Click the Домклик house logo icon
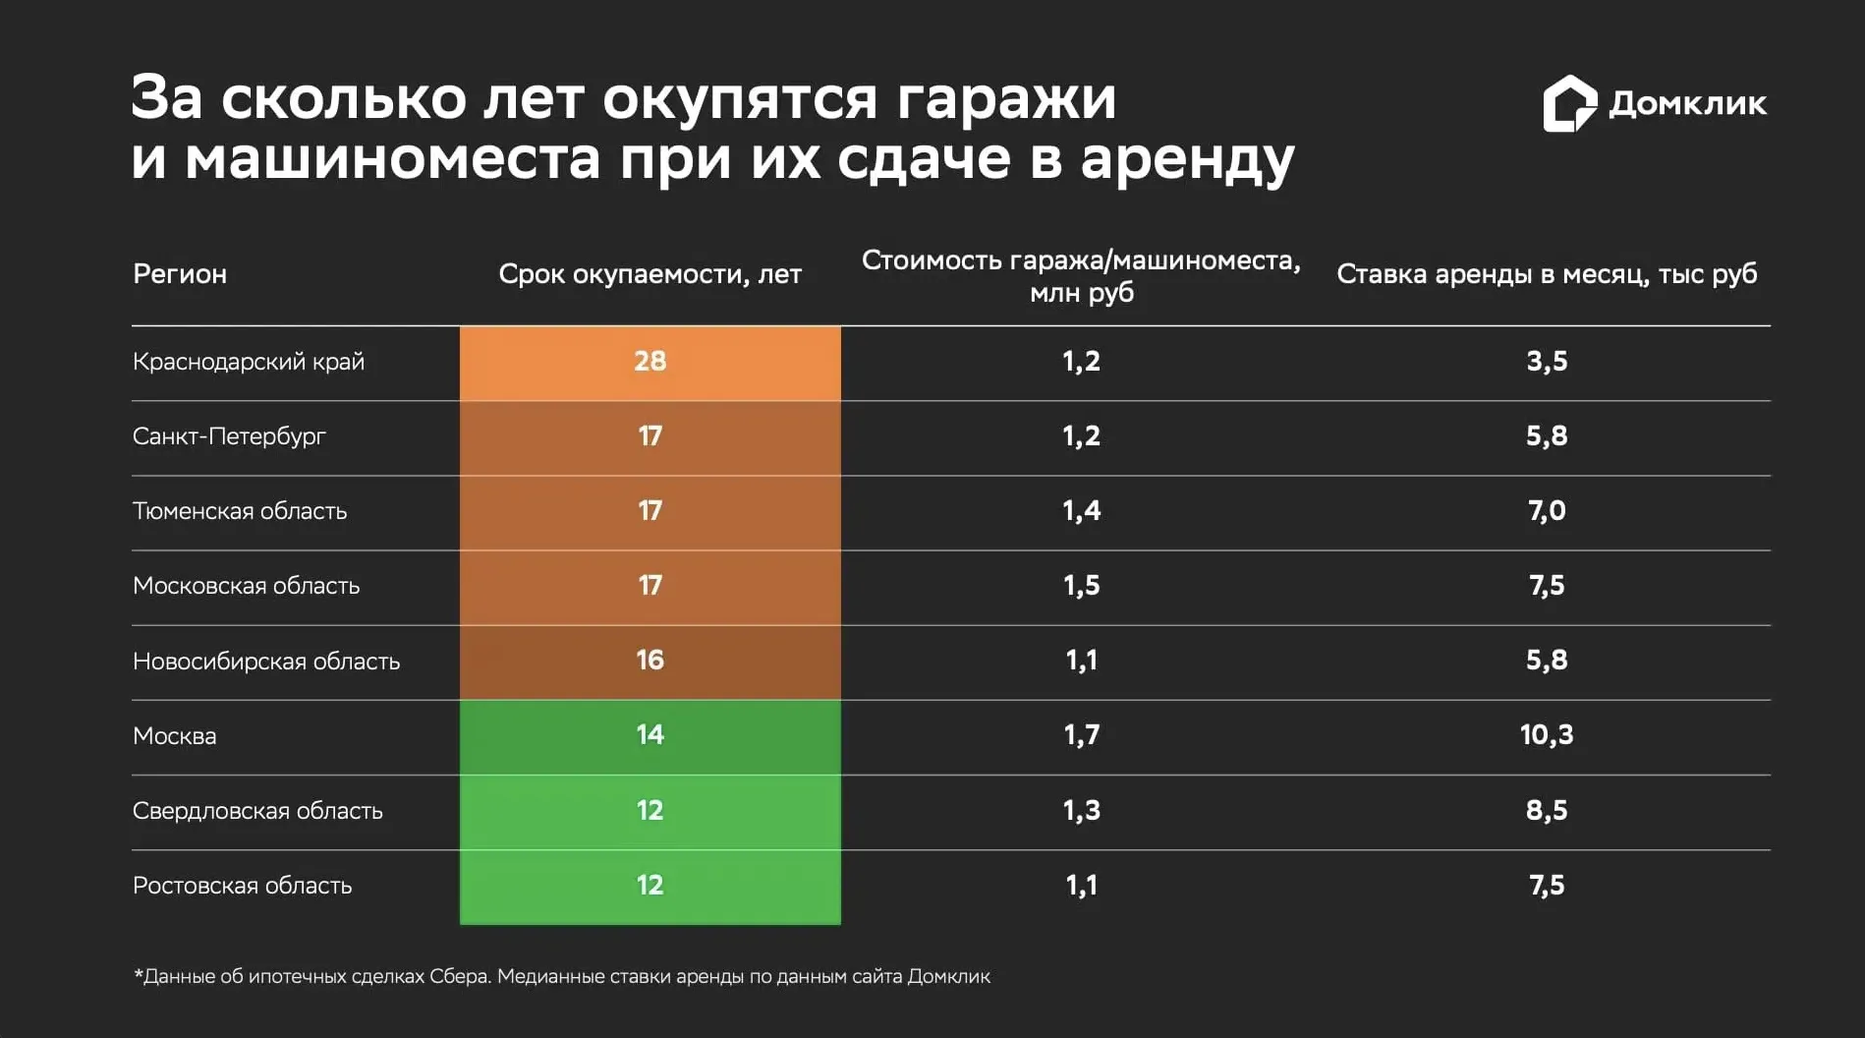(1569, 103)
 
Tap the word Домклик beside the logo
(1687, 103)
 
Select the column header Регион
(180, 274)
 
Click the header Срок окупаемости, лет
(650, 274)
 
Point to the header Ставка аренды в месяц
(1546, 274)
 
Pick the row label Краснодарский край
(249, 362)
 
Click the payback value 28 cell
(650, 362)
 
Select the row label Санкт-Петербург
(229, 436)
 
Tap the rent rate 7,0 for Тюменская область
(1546, 511)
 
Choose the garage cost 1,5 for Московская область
(1081, 586)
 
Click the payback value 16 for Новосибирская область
(650, 661)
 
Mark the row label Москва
(175, 736)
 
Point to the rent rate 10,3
(1546, 735)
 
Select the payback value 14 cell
(650, 735)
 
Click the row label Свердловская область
(257, 811)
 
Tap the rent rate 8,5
(1546, 811)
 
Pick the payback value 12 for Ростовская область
(650, 886)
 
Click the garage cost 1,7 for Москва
(1081, 735)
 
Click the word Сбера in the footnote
(459, 977)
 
